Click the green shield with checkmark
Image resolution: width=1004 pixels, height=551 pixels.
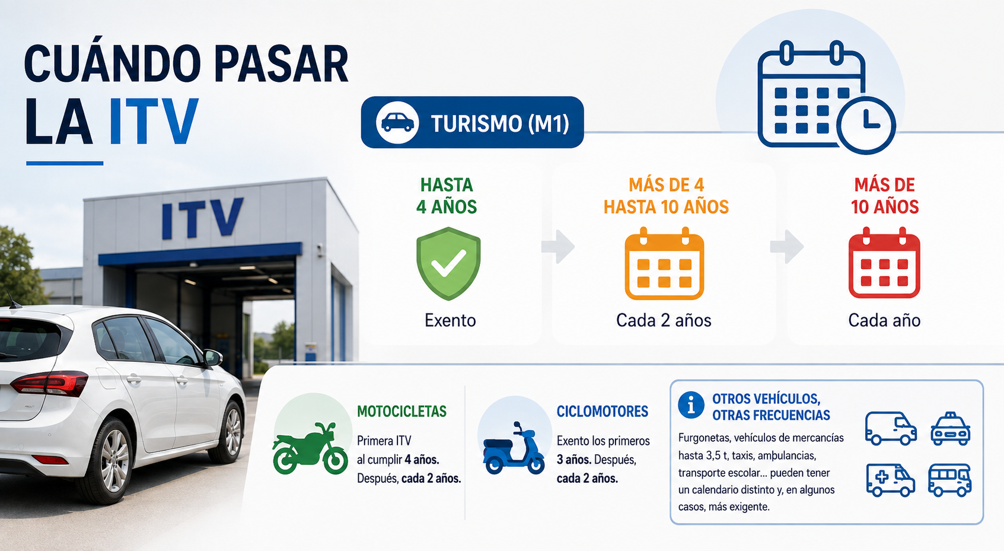(x=448, y=263)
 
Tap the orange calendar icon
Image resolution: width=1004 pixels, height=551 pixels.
(x=664, y=263)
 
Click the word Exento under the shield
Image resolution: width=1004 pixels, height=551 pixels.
(x=450, y=320)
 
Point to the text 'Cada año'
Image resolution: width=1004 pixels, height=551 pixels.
(x=884, y=320)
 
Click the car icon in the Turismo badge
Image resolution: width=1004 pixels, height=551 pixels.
(x=397, y=122)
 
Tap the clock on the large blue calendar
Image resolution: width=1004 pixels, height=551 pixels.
(x=866, y=125)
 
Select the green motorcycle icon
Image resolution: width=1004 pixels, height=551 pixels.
(x=310, y=448)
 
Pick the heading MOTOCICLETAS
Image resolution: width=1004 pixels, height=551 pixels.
(x=401, y=411)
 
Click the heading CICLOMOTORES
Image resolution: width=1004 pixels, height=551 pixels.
(x=603, y=411)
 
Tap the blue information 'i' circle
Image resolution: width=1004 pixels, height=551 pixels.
(x=691, y=405)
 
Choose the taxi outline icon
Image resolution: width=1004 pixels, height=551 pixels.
(x=950, y=429)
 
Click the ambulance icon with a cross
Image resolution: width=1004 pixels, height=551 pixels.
(x=890, y=480)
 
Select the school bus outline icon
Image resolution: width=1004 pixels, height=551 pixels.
(x=949, y=480)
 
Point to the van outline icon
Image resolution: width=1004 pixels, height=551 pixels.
(x=891, y=429)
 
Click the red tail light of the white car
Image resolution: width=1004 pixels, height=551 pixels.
(x=50, y=384)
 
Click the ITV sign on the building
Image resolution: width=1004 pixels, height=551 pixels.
(x=202, y=218)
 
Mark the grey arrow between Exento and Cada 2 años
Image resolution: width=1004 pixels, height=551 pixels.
(x=558, y=246)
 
